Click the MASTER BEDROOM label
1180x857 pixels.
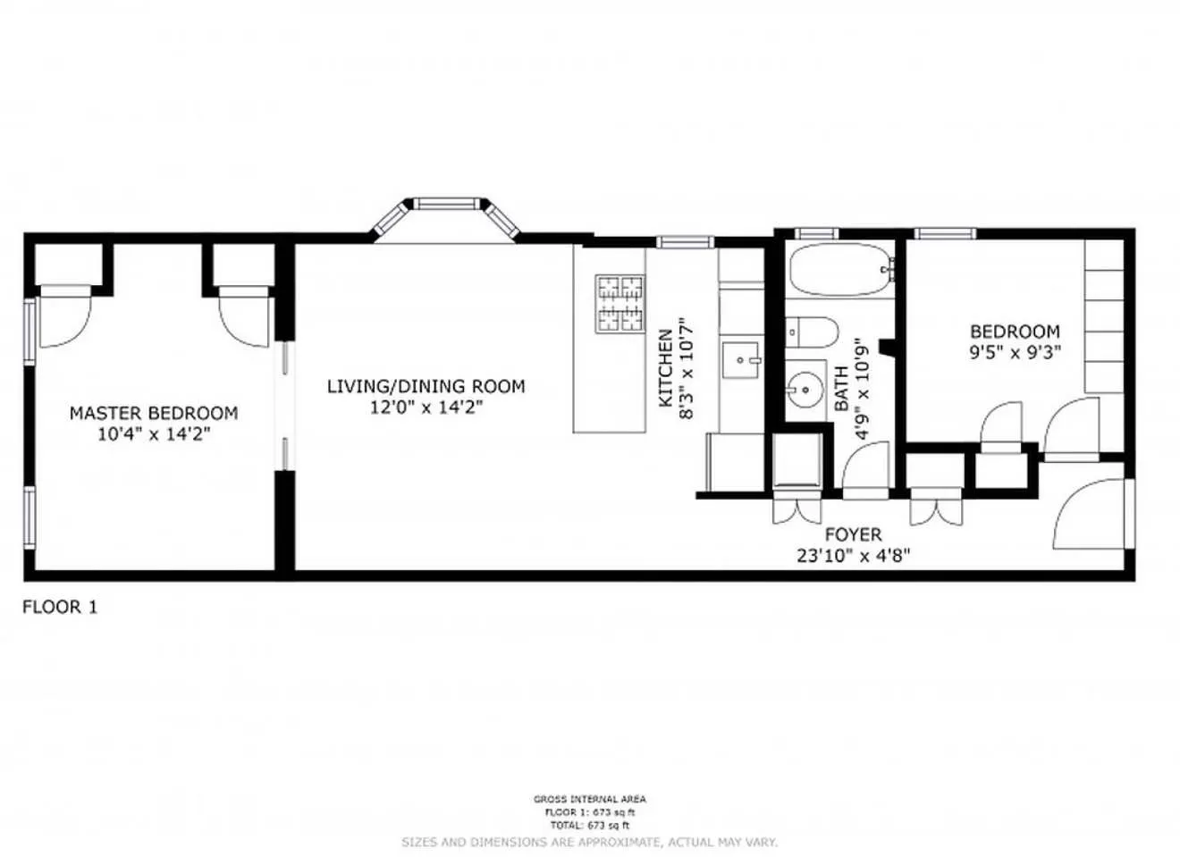(154, 413)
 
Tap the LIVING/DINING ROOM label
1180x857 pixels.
(426, 386)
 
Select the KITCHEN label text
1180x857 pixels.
(666, 368)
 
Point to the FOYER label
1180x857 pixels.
(853, 534)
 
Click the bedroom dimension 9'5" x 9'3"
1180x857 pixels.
(1015, 352)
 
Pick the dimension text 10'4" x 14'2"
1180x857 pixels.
(154, 434)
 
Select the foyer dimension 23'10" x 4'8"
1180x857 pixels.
(853, 555)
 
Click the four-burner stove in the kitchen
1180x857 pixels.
(620, 303)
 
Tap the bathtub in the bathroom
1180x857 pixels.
(840, 270)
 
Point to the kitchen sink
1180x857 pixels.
(741, 361)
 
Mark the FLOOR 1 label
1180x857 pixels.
(60, 608)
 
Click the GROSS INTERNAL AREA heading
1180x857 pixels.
(589, 799)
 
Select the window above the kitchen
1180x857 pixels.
(686, 241)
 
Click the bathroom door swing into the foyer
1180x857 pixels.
(864, 468)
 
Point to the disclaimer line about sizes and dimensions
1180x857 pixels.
(589, 842)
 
